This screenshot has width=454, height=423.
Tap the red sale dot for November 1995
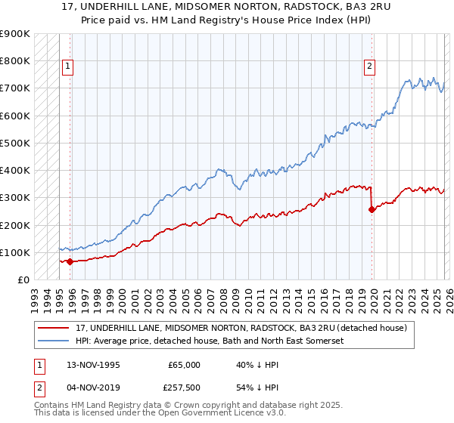70,262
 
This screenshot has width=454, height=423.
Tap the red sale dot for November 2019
372,209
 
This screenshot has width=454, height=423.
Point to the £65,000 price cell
184,365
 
